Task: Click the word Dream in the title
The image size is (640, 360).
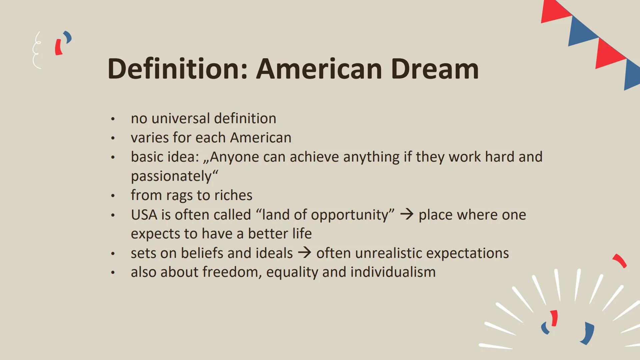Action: coord(435,69)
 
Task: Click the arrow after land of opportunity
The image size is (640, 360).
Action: coord(407,214)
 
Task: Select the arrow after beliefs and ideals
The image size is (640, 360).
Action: coord(304,253)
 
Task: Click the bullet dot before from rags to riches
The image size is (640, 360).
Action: coord(113,196)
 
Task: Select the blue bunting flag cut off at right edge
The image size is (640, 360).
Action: coord(632,75)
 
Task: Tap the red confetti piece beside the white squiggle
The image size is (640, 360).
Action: coord(59,47)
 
